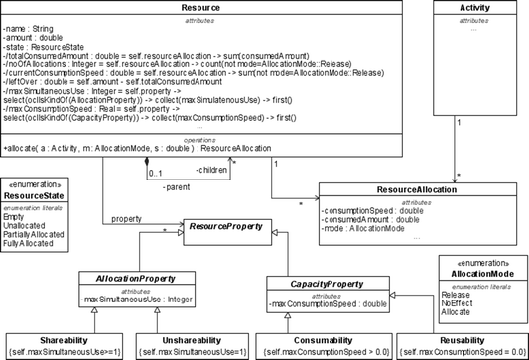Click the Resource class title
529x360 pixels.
[201, 8]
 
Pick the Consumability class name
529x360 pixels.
[301, 338]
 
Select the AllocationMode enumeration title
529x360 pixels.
[476, 271]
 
